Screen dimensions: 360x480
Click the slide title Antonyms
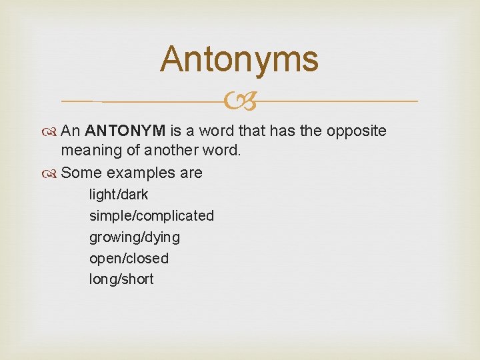click(x=239, y=59)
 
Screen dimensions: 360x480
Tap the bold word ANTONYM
click(x=129, y=131)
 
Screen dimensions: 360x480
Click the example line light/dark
click(x=119, y=195)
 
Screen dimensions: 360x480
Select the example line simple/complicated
click(x=151, y=216)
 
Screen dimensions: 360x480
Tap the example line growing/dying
click(x=134, y=237)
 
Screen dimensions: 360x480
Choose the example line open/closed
click(x=129, y=258)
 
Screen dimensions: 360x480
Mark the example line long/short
click(x=121, y=279)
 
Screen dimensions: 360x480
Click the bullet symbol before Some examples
click(x=52, y=173)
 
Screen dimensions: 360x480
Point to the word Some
click(x=81, y=173)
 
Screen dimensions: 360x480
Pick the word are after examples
click(x=190, y=173)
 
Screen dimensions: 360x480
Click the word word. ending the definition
click(x=221, y=151)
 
